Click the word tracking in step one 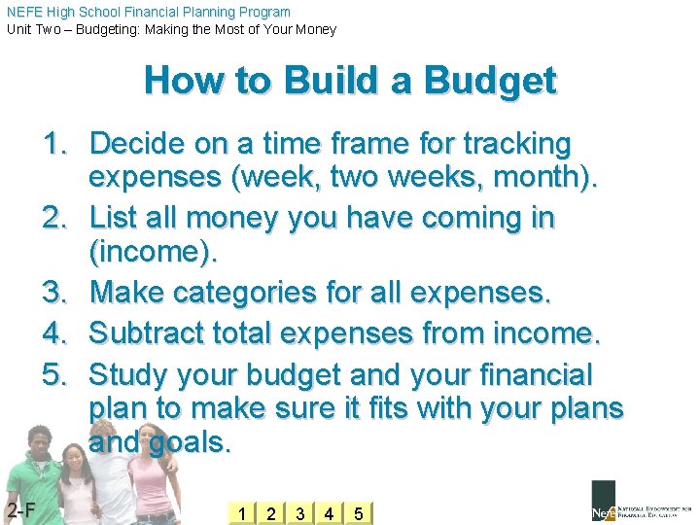[516, 145]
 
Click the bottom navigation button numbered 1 [241, 512]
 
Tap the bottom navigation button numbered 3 [299, 512]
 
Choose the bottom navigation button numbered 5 [358, 512]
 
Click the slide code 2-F [20, 510]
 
